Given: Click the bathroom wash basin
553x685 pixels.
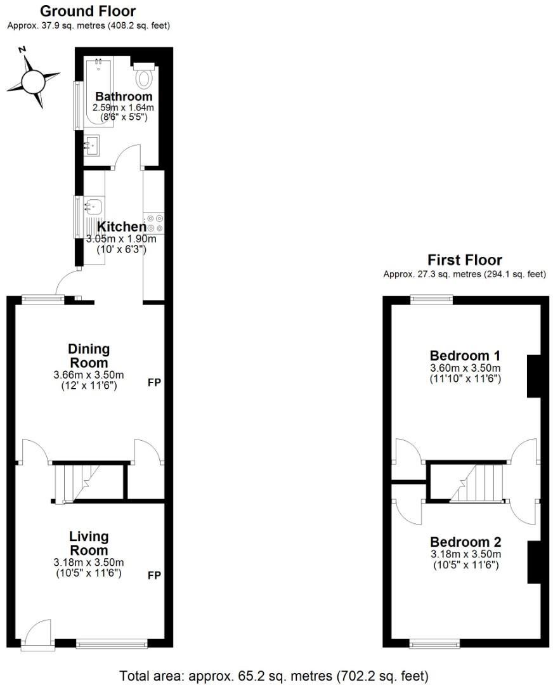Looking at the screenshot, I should pyautogui.click(x=91, y=146).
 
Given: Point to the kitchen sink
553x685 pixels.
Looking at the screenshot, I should pyautogui.click(x=93, y=207).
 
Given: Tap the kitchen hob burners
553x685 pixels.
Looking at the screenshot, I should pyautogui.click(x=154, y=223).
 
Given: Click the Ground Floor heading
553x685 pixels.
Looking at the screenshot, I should pyautogui.click(x=88, y=11).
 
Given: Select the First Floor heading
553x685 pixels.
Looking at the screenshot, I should pyautogui.click(x=464, y=260).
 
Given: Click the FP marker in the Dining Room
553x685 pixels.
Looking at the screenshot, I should pyautogui.click(x=154, y=383).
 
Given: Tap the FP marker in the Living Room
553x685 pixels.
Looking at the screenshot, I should pyautogui.click(x=154, y=575).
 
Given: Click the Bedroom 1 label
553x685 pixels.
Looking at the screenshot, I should pyautogui.click(x=465, y=355).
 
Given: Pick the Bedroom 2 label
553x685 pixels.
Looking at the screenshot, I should pyautogui.click(x=465, y=542).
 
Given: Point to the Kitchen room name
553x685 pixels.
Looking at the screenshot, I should pyautogui.click(x=120, y=226).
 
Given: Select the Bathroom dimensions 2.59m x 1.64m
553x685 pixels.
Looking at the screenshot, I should pyautogui.click(x=123, y=108).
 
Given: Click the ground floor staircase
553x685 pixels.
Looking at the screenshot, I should pyautogui.click(x=79, y=483).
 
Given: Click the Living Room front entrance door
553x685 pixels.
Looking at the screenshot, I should pyautogui.click(x=38, y=634).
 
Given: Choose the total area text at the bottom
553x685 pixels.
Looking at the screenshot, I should pyautogui.click(x=274, y=674).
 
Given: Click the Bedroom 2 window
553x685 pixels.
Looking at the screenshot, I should pyautogui.click(x=434, y=645).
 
